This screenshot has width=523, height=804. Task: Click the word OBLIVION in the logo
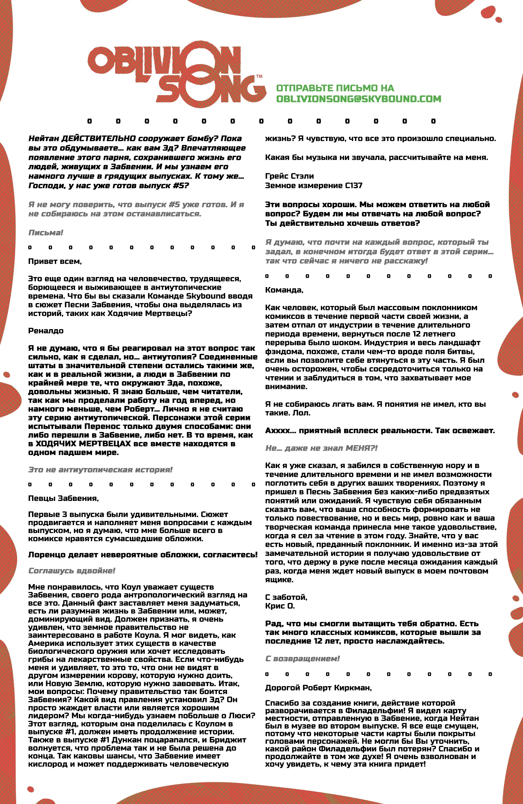point(164,61)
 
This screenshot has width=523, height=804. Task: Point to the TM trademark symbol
point(259,77)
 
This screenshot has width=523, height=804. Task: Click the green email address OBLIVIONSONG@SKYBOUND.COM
point(359,99)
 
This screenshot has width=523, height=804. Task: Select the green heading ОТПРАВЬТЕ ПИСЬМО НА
point(335,88)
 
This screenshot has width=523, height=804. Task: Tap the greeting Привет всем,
point(55,261)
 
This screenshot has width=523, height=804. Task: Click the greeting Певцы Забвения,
point(63,498)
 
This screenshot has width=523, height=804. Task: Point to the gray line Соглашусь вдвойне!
point(72,571)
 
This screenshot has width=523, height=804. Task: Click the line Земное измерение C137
point(314,185)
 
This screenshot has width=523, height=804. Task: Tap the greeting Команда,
point(284,290)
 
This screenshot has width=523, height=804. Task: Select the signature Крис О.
point(280,606)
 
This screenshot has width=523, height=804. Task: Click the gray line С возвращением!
point(302,659)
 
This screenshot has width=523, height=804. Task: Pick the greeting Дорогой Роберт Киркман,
point(318,687)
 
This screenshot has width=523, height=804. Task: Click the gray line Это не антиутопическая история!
point(100,470)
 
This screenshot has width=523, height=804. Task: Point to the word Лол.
point(301,413)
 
